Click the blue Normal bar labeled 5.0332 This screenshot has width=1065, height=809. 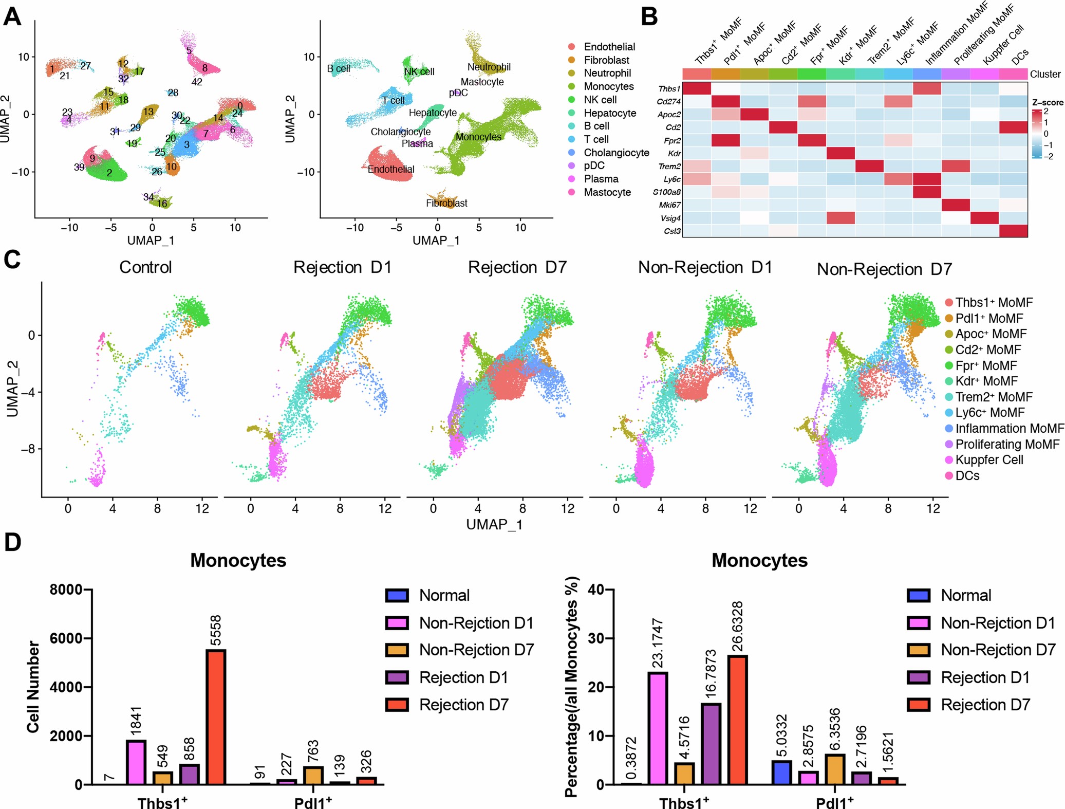tap(781, 772)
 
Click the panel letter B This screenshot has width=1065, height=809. tap(649, 16)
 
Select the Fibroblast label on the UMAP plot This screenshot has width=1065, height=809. tap(446, 203)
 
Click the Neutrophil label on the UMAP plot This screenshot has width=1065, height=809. tap(489, 67)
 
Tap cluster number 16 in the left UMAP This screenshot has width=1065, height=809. tap(162, 204)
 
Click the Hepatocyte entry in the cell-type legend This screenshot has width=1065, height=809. tap(609, 113)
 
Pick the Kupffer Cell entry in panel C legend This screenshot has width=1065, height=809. tap(988, 460)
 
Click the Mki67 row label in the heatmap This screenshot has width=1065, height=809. tap(670, 205)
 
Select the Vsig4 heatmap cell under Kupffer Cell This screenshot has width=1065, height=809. tap(984, 218)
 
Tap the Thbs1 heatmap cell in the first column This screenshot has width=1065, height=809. tap(697, 88)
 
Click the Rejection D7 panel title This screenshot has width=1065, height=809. tap(517, 267)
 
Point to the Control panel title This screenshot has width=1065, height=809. tap(145, 267)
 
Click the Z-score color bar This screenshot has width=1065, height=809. tap(1036, 134)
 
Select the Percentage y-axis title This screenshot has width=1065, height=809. tap(572, 686)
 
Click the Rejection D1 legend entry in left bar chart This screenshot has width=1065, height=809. tap(463, 677)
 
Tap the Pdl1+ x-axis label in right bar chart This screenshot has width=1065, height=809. tap(834, 802)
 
